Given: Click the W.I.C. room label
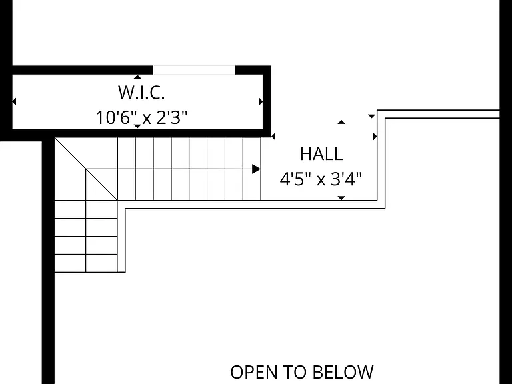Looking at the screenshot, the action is point(141,93).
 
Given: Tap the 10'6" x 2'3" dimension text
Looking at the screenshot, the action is point(142,117).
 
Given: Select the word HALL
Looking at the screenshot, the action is point(321,154).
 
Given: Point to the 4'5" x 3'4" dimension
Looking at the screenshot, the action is point(321,179).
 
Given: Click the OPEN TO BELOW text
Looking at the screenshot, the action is point(302,372).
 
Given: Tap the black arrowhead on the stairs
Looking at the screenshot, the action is point(256,169).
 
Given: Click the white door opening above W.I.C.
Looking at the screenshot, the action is point(194,70).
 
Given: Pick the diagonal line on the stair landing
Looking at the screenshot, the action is point(85,169).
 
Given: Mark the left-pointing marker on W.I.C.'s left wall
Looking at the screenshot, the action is point(14,101).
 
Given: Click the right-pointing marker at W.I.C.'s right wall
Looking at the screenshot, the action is point(261,101).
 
